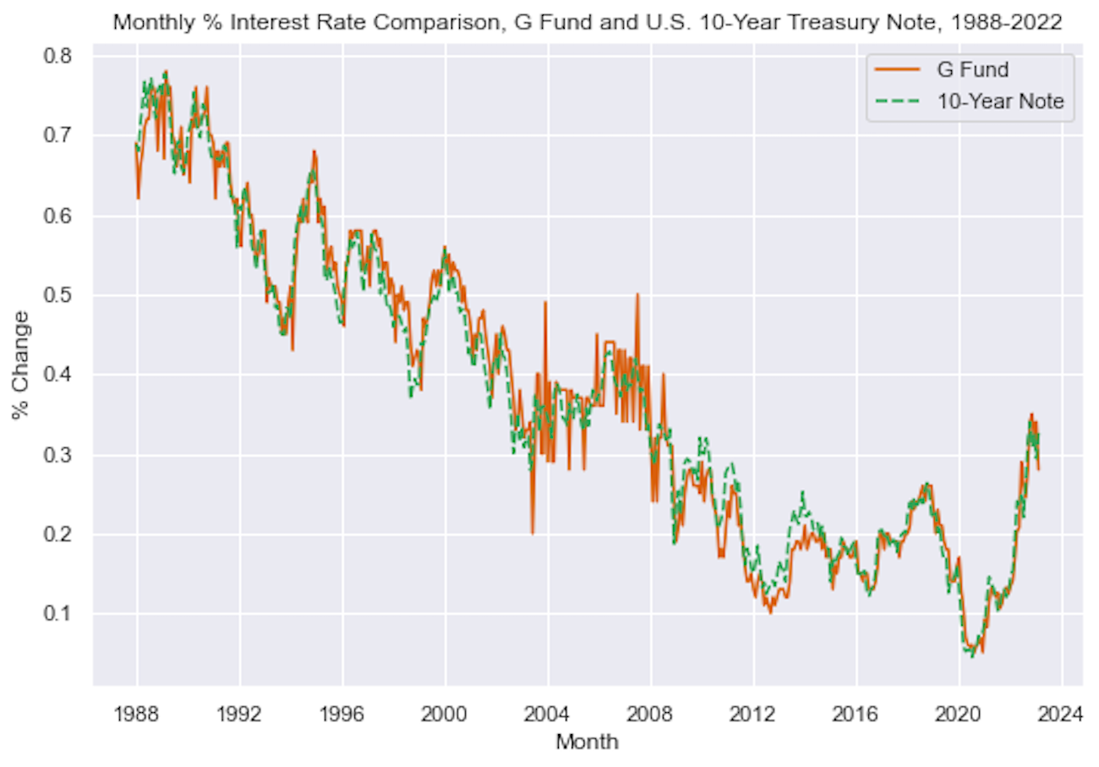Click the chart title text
point(587,23)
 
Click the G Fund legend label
point(971,70)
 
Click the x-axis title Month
point(587,742)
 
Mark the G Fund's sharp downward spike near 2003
point(532,533)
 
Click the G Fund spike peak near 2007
point(637,294)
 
